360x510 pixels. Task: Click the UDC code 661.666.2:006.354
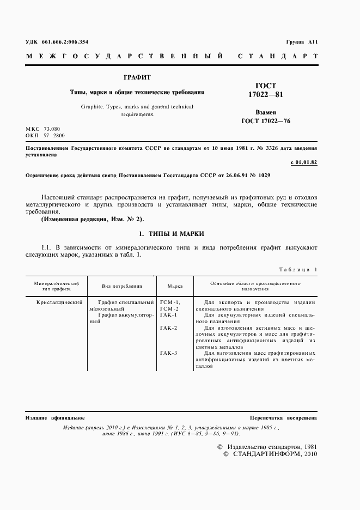tap(65, 42)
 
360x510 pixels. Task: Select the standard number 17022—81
tap(266, 95)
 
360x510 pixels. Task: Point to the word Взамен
tap(266, 111)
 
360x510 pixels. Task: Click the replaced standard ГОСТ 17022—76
tap(266, 120)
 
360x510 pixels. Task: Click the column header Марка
tap(175, 286)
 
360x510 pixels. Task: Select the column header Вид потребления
tap(122, 286)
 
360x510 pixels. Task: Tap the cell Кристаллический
tap(59, 302)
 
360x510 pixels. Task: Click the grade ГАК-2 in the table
tap(169, 328)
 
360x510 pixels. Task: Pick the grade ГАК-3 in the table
tap(169, 354)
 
